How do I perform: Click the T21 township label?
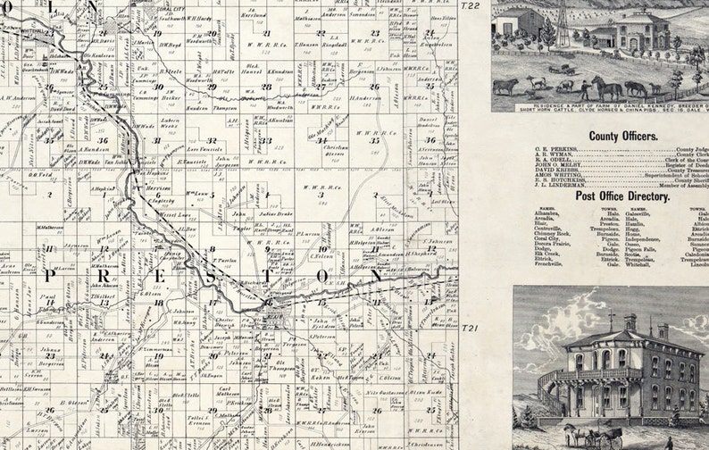(x=470, y=329)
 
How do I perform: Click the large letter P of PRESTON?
(x=50, y=278)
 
